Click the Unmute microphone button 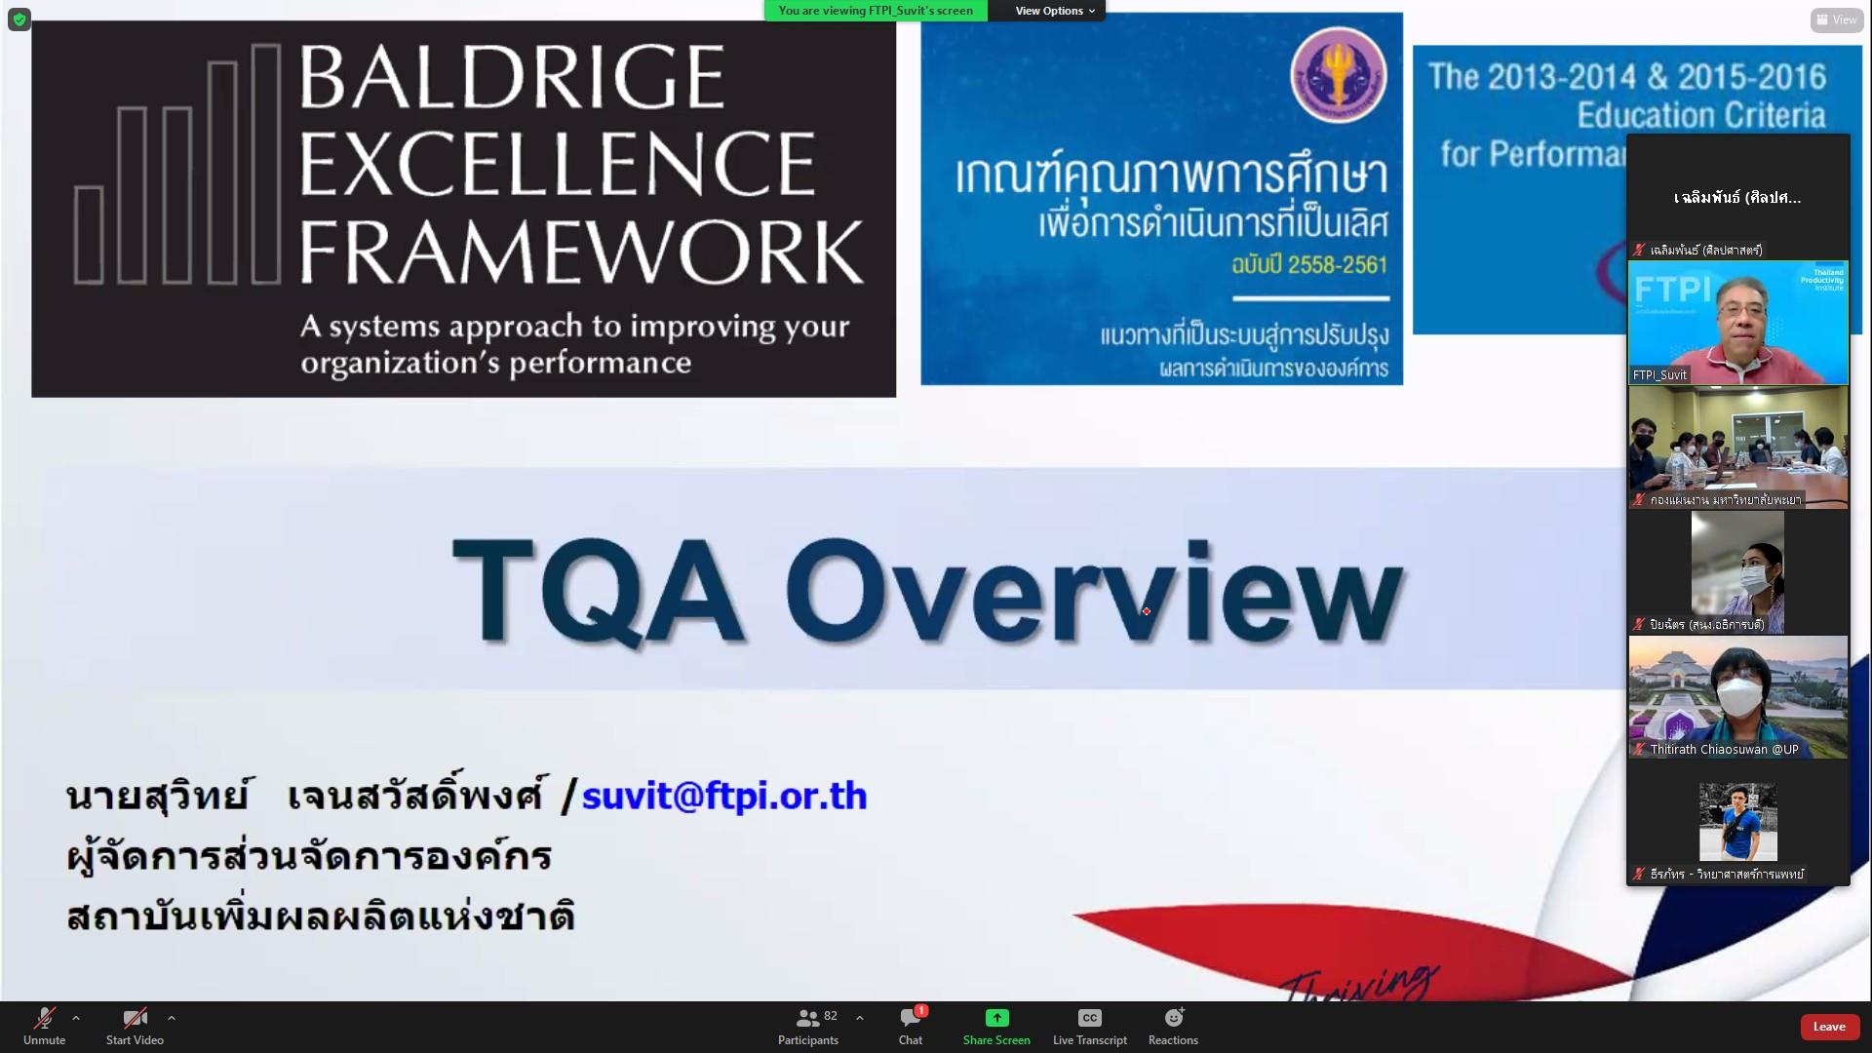click(44, 1025)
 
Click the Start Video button click(135, 1025)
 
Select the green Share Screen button click(996, 1025)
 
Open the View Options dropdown click(1054, 11)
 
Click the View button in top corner click(1837, 19)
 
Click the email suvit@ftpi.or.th click(723, 796)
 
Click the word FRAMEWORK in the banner click(581, 252)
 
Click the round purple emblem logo click(1338, 74)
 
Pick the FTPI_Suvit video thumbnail click(1737, 323)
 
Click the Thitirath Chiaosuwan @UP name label click(1723, 750)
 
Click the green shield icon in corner click(19, 19)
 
